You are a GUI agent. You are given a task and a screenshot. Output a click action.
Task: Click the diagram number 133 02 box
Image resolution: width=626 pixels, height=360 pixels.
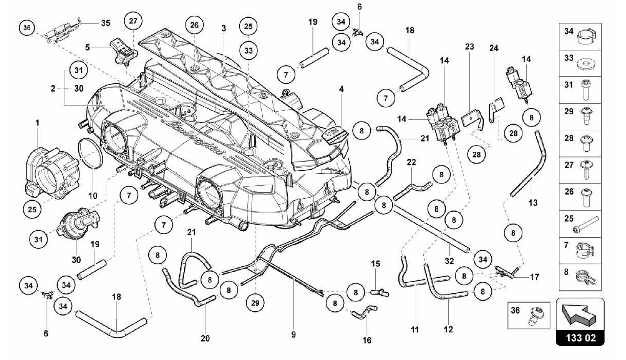[x=580, y=338]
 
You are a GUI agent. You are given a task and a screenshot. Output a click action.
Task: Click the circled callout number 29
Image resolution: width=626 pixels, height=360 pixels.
[x=255, y=303]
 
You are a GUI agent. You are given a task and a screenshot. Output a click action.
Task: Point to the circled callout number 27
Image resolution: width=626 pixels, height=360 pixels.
[x=133, y=21]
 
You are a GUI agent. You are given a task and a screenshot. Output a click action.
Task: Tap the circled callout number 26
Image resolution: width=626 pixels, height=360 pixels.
[x=194, y=25]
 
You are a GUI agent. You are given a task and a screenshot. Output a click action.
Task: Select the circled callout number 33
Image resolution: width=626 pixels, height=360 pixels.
[x=248, y=50]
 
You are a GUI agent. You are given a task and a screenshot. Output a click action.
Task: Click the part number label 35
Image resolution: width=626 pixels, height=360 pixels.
[x=105, y=23]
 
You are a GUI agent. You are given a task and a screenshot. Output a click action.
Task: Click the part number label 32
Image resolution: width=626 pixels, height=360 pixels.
[x=449, y=261]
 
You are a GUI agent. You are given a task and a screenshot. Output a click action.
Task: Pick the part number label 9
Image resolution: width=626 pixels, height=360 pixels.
[x=293, y=335]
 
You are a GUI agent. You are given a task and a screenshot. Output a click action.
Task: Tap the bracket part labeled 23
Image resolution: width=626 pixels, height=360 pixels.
[x=472, y=119]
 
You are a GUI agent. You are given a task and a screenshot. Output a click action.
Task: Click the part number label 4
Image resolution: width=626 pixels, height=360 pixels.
[x=341, y=89]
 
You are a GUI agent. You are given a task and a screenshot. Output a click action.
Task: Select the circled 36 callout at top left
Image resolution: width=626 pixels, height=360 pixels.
[x=27, y=28]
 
